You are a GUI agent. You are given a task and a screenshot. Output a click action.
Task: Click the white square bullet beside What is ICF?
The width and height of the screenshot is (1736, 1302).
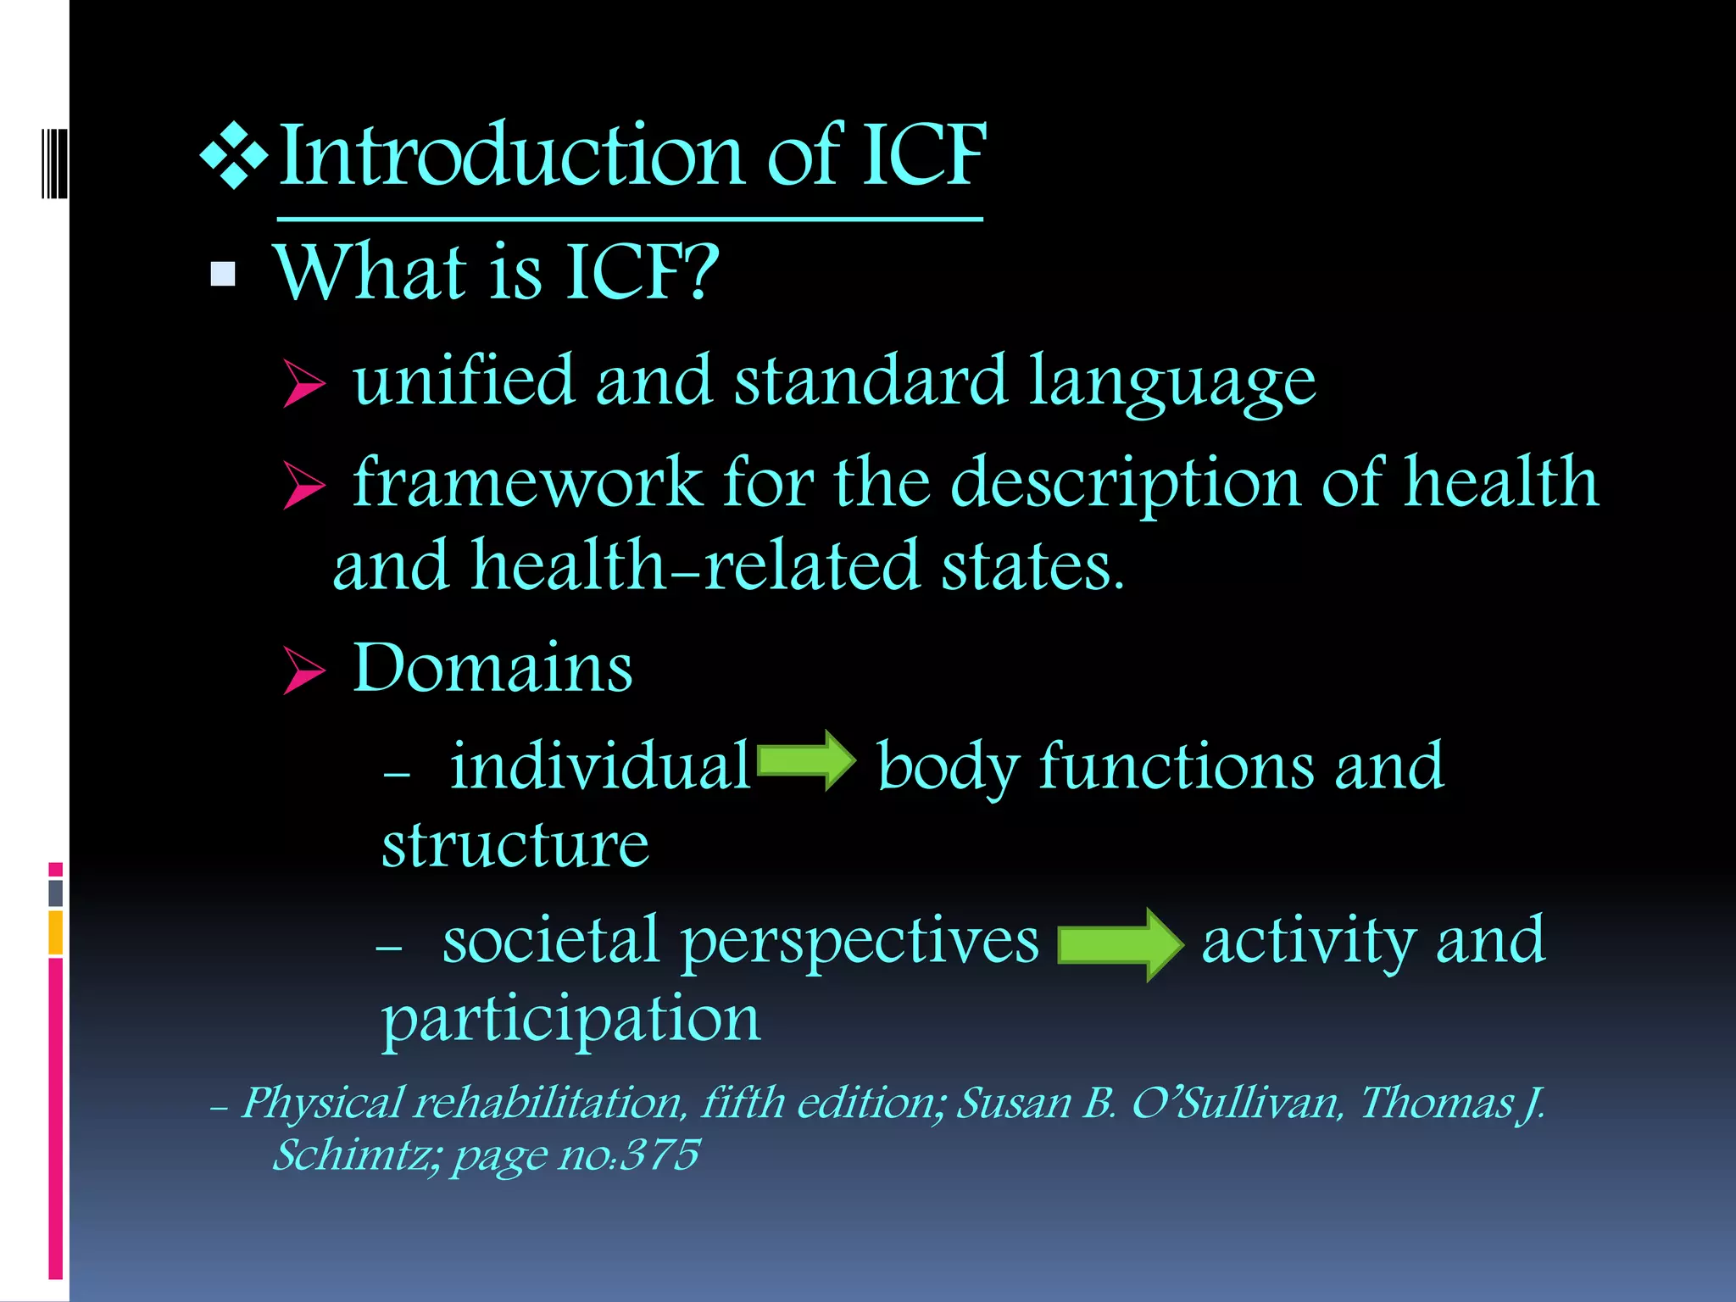click(223, 274)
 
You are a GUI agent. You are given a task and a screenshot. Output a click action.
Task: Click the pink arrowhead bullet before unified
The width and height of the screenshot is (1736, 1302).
click(303, 383)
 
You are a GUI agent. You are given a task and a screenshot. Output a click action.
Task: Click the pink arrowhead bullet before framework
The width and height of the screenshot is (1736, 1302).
click(303, 485)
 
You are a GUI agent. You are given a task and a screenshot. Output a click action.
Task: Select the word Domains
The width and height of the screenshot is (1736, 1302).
click(492, 668)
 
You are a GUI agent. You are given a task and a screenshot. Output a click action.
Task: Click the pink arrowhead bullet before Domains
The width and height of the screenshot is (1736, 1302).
click(303, 670)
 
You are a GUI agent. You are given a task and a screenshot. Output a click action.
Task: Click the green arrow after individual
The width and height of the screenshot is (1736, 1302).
click(805, 760)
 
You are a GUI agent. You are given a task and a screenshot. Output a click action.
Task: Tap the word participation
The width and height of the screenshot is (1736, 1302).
click(570, 1019)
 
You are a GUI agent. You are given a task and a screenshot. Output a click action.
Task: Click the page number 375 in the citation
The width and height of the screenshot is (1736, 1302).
click(659, 1155)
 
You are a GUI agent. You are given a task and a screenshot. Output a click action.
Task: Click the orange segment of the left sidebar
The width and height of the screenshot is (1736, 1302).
click(56, 932)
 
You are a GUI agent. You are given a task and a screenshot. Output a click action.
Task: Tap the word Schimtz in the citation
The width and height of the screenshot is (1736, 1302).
click(353, 1155)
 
